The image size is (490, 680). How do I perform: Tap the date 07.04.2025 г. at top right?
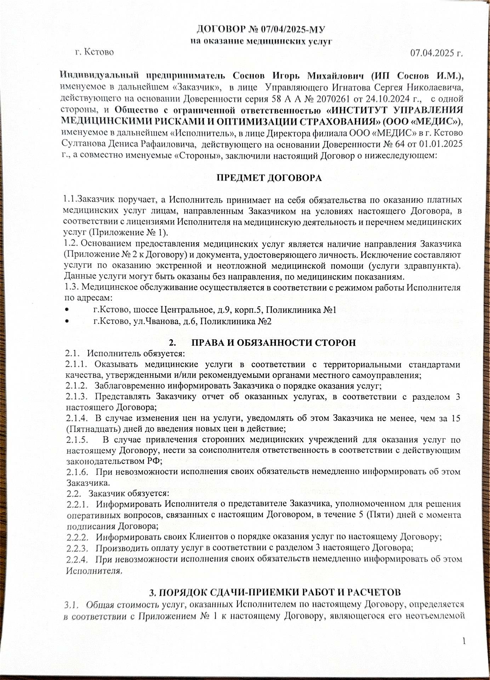point(437,53)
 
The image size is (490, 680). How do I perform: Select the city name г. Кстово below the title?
point(95,52)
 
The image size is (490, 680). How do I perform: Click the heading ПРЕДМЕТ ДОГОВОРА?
point(269,178)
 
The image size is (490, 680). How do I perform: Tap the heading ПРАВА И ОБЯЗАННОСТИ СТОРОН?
point(273,343)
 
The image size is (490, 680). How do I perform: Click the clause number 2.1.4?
point(76,418)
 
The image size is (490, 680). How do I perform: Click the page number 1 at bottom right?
point(464,641)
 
